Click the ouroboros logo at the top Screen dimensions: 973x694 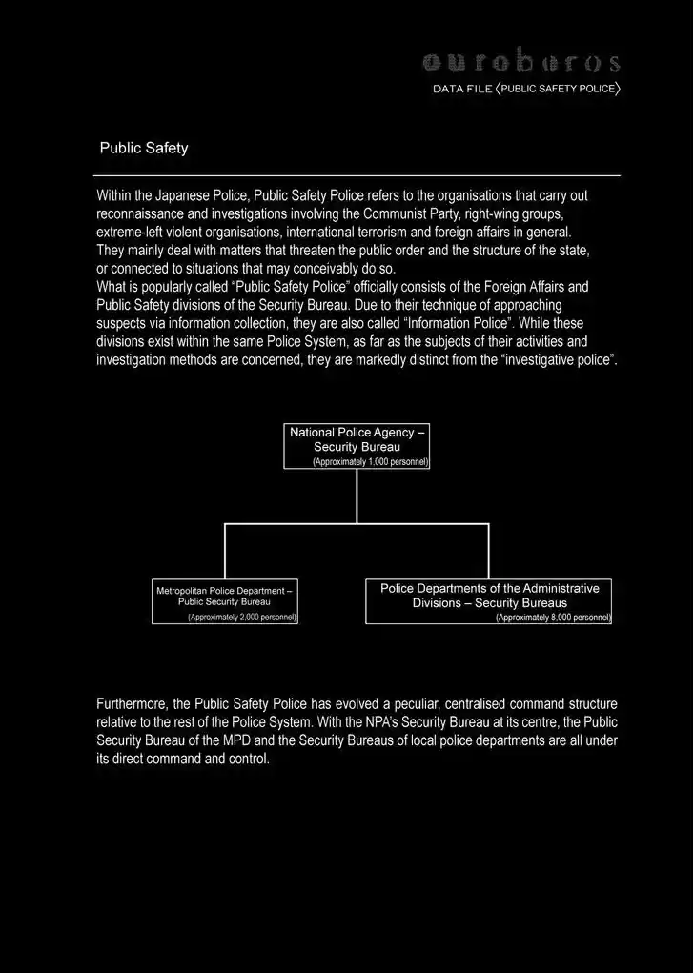coord(520,62)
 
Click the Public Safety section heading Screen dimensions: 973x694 coord(144,149)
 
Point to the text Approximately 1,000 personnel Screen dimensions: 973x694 coord(371,461)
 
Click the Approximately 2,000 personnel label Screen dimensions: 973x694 coord(242,618)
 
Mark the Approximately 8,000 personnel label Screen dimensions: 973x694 coord(553,618)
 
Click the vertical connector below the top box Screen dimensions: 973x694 coord(357,496)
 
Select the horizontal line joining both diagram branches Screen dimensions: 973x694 coord(357,523)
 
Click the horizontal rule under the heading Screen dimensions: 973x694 coord(357,176)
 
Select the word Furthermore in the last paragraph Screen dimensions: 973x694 coord(131,704)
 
